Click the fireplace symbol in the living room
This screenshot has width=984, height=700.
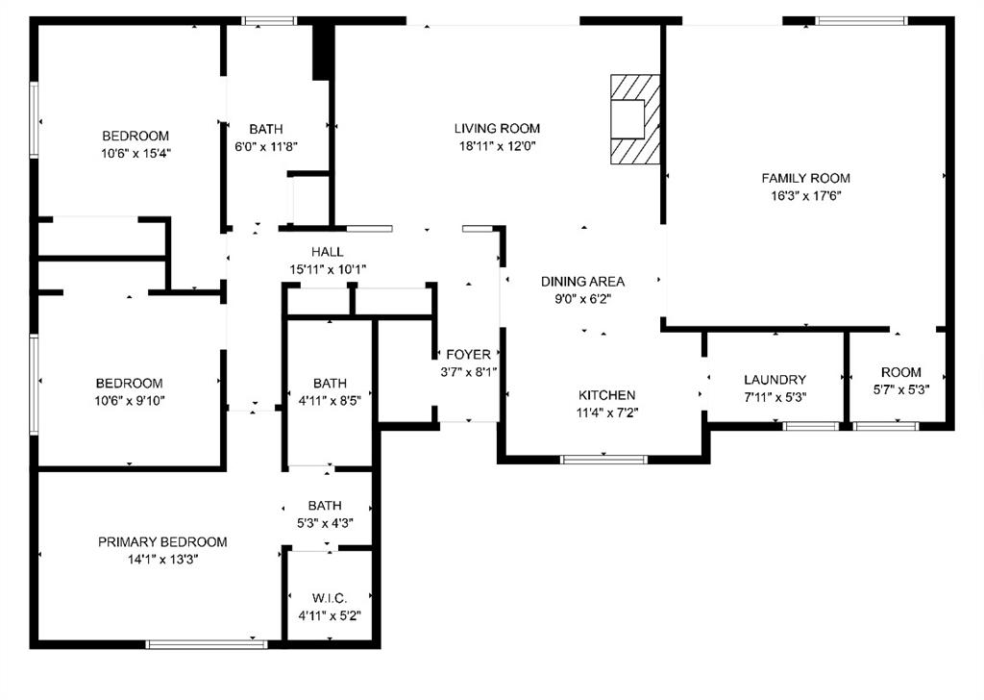pyautogui.click(x=635, y=119)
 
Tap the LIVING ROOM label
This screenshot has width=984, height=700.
pyautogui.click(x=497, y=129)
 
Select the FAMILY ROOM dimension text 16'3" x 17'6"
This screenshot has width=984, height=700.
pyautogui.click(x=805, y=196)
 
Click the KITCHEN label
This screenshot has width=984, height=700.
pyautogui.click(x=606, y=395)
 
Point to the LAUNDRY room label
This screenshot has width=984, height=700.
pyautogui.click(x=775, y=380)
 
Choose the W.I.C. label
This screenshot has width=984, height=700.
pyautogui.click(x=330, y=598)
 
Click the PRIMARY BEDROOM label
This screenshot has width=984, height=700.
pyautogui.click(x=162, y=542)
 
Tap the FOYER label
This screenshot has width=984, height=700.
pyautogui.click(x=468, y=355)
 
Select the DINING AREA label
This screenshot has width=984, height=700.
pyautogui.click(x=582, y=282)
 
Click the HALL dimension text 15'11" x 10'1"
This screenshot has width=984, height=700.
pyautogui.click(x=328, y=269)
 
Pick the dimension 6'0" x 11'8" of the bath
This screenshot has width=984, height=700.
pyautogui.click(x=266, y=147)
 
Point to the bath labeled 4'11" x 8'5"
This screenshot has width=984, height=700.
pyautogui.click(x=330, y=383)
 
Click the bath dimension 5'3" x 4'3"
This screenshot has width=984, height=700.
pyautogui.click(x=325, y=523)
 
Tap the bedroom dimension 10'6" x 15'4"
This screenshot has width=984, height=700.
pyautogui.click(x=135, y=153)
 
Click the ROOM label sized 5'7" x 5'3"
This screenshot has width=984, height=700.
pyautogui.click(x=900, y=372)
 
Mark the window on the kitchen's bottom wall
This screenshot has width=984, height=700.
pyautogui.click(x=603, y=459)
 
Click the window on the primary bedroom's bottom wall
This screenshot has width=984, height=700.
pyautogui.click(x=207, y=643)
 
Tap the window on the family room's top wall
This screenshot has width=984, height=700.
pyautogui.click(x=860, y=20)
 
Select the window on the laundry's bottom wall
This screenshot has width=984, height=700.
pyautogui.click(x=810, y=425)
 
